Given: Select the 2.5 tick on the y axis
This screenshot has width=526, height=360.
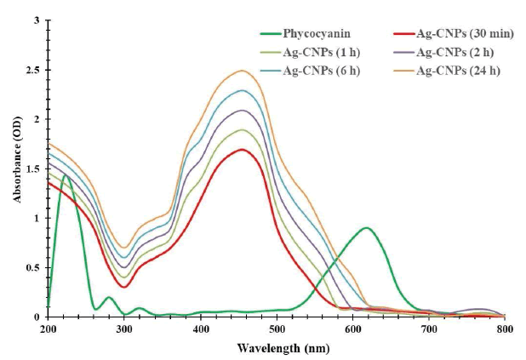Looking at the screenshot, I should pyautogui.click(x=34, y=69).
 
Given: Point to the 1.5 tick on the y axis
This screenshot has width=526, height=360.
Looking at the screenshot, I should pyautogui.click(x=34, y=169).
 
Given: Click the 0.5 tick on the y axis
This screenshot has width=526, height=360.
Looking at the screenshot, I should pyautogui.click(x=34, y=267).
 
